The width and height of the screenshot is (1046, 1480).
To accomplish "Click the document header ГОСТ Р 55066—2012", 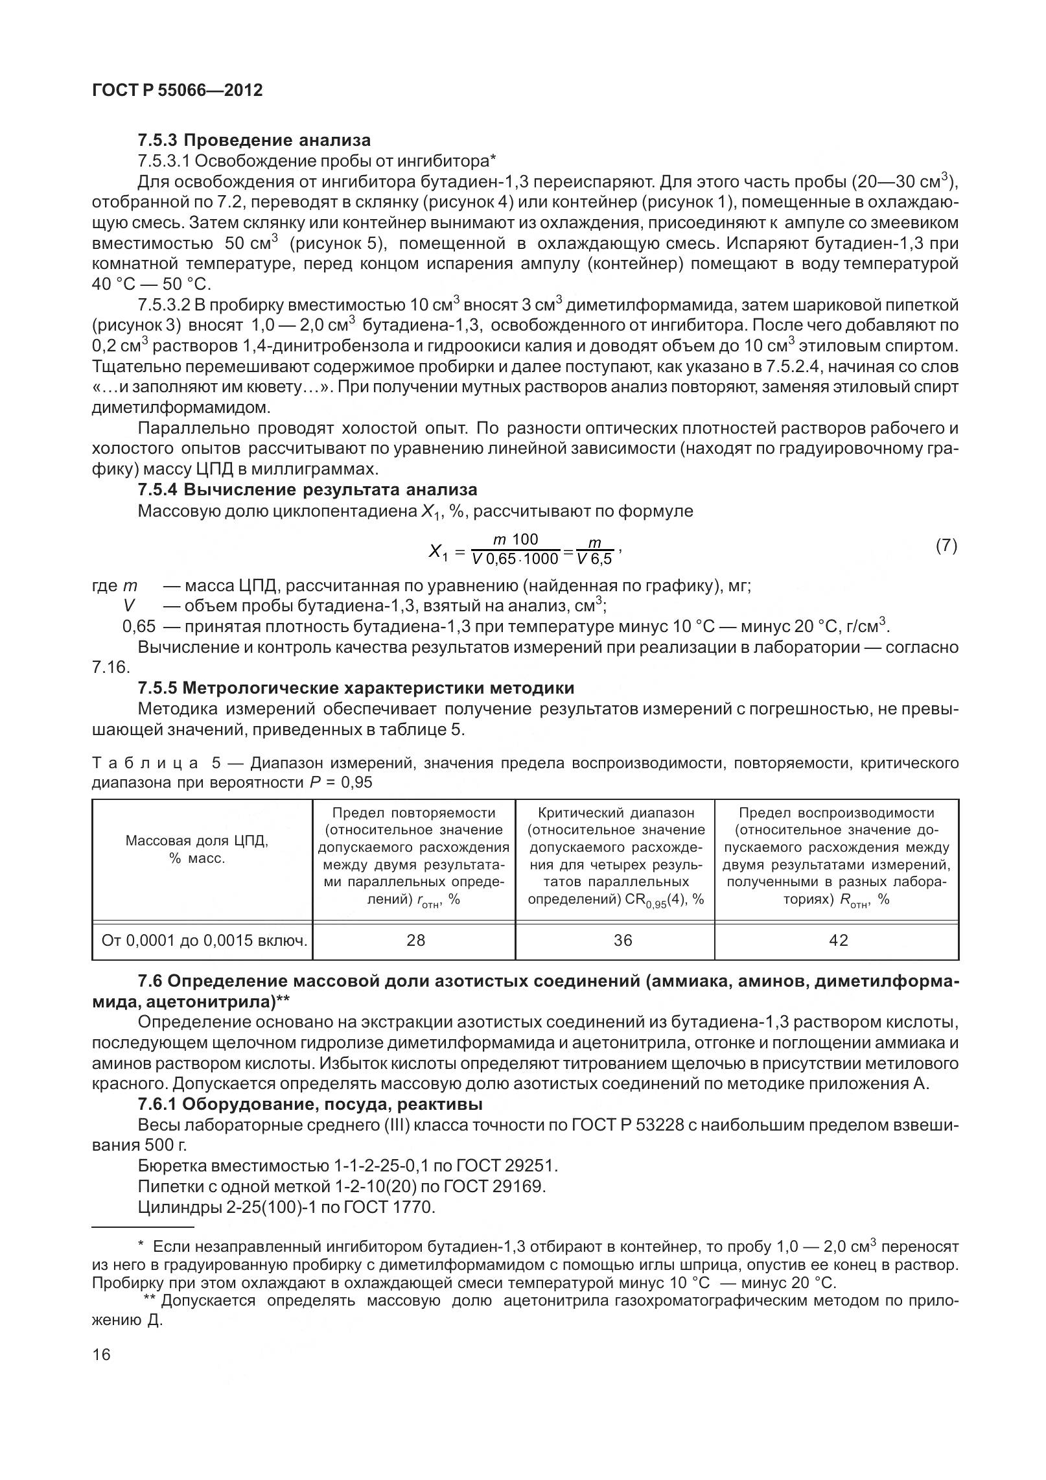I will (178, 90).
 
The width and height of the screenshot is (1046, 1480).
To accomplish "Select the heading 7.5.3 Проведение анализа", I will (254, 140).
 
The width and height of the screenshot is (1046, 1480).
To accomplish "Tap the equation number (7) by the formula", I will (946, 546).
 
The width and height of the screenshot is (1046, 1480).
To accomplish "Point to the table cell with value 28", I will (415, 941).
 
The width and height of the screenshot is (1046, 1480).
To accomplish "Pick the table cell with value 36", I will (622, 941).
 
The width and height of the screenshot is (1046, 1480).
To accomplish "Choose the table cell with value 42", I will (838, 941).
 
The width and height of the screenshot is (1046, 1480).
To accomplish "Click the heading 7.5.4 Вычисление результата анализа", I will (307, 489).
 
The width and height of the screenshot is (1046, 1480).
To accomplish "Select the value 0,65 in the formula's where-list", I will (139, 627).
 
